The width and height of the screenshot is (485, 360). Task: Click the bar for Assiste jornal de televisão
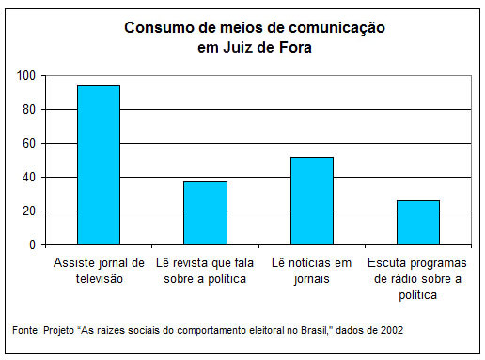(99, 164)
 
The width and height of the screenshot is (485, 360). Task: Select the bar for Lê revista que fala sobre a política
(205, 212)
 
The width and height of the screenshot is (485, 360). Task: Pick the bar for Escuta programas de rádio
(417, 222)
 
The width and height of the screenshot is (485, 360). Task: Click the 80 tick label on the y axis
(30, 109)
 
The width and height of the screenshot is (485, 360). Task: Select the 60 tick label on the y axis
(30, 143)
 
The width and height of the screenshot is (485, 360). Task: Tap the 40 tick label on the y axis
(30, 177)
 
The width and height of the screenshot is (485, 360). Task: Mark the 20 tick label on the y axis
(30, 211)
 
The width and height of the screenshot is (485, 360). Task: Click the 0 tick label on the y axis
(33, 244)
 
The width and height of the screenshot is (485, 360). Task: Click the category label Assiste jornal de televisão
(99, 270)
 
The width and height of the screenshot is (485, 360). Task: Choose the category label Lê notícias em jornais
(311, 270)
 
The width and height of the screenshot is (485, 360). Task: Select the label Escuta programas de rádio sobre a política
(417, 278)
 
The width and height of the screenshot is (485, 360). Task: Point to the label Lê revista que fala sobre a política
(205, 270)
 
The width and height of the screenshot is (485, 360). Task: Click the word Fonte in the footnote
(24, 330)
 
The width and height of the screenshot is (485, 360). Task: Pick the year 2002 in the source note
(394, 330)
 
